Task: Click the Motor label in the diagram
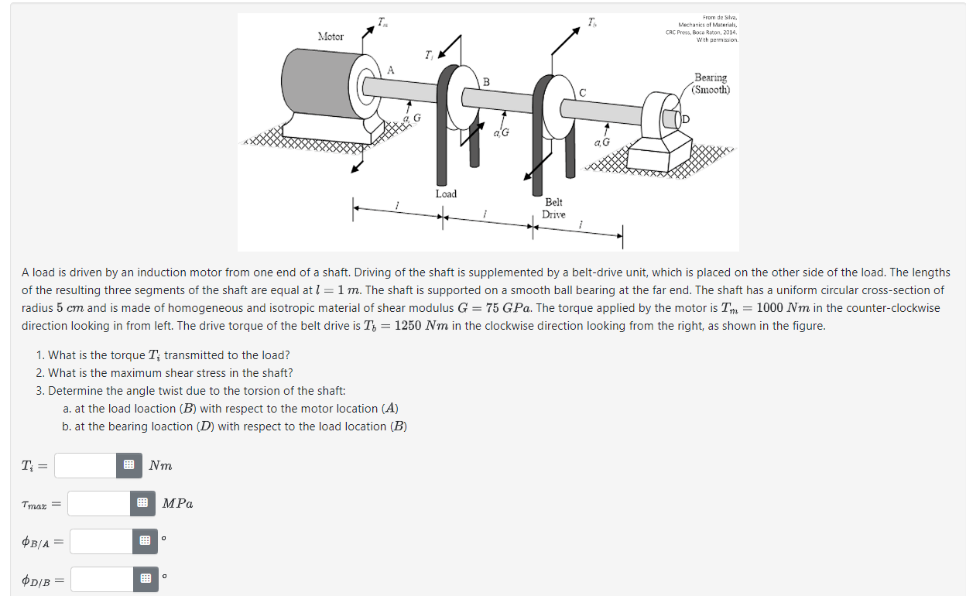pos(331,36)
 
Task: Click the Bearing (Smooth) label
pos(710,83)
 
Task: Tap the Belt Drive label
pos(553,208)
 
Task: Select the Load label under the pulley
pos(446,194)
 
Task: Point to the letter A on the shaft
pos(390,70)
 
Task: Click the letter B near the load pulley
pos(486,81)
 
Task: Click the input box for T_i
pos(87,465)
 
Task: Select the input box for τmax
pos(100,504)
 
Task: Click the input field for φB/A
pos(104,542)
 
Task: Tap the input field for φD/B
pos(104,579)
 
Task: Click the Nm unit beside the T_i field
pos(160,465)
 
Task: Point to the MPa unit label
pos(177,504)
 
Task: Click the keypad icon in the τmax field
pos(142,504)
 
